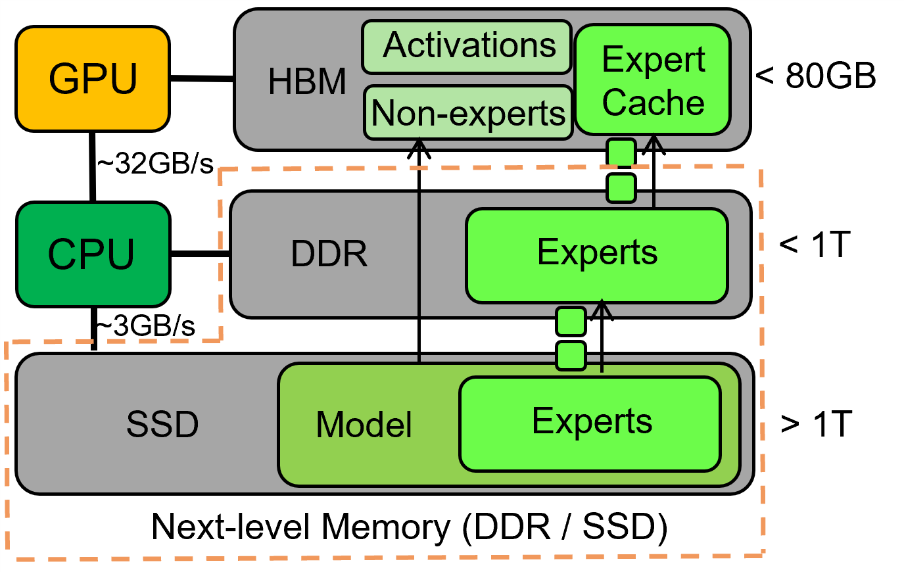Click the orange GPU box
pyautogui.click(x=93, y=79)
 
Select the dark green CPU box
pyautogui.click(x=93, y=254)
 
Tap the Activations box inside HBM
pyautogui.click(x=467, y=46)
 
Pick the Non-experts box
pyautogui.click(x=468, y=112)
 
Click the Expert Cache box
pyautogui.click(x=653, y=80)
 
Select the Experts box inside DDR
pyautogui.click(x=596, y=255)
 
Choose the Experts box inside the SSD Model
pyautogui.click(x=590, y=423)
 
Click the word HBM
pyautogui.click(x=307, y=82)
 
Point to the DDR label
pyautogui.click(x=329, y=254)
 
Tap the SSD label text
pyautogui.click(x=162, y=424)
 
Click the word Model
pyautogui.click(x=364, y=425)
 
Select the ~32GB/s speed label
pyautogui.click(x=156, y=164)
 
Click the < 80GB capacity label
pyautogui.click(x=816, y=76)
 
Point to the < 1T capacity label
pyautogui.click(x=815, y=245)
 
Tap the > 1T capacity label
pyautogui.click(x=816, y=424)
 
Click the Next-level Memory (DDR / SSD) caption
pyautogui.click(x=409, y=527)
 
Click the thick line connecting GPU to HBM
pyautogui.click(x=202, y=79)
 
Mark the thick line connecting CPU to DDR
pyautogui.click(x=200, y=254)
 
